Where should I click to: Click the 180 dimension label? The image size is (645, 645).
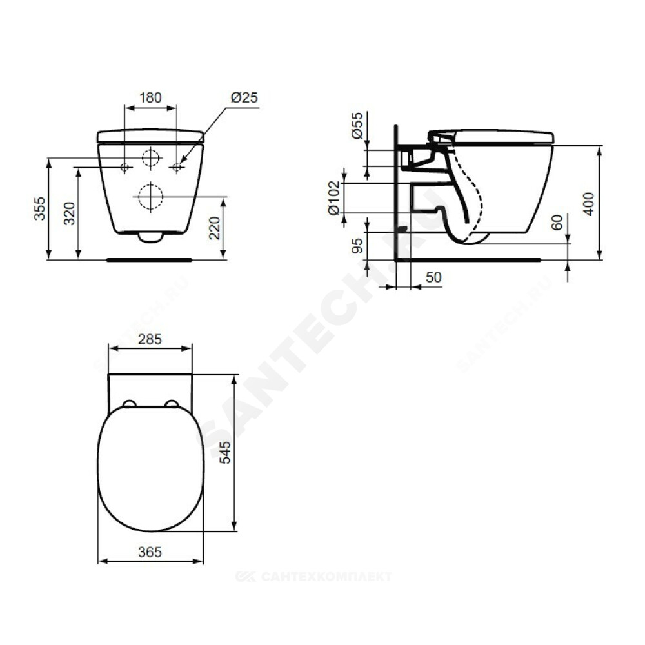pyautogui.click(x=150, y=97)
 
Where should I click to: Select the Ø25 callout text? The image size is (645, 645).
pyautogui.click(x=244, y=97)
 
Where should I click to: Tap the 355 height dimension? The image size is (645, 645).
pyautogui.click(x=39, y=208)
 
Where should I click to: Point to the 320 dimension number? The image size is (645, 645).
pyautogui.click(x=70, y=213)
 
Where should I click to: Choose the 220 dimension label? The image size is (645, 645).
pyautogui.click(x=215, y=228)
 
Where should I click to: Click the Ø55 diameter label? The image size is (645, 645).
pyautogui.click(x=357, y=125)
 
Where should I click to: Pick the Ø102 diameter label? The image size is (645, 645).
pyautogui.click(x=334, y=198)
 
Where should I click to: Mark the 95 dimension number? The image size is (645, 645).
pyautogui.click(x=357, y=246)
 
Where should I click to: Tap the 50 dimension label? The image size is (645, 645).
pyautogui.click(x=433, y=277)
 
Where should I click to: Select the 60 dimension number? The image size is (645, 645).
pyautogui.click(x=557, y=223)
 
